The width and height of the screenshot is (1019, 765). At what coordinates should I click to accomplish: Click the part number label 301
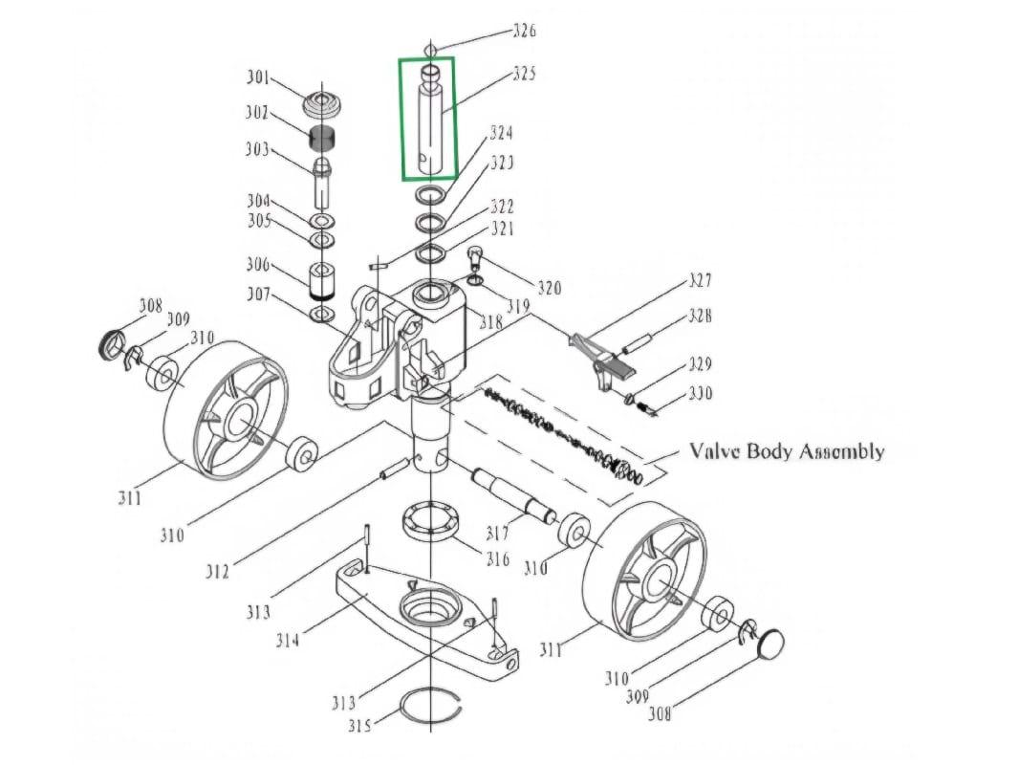(x=257, y=77)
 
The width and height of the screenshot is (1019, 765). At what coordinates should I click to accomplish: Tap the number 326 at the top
(x=524, y=31)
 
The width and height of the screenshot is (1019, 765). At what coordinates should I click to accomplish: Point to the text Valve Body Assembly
(x=787, y=451)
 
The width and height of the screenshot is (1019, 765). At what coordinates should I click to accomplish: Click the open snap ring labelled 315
(x=430, y=708)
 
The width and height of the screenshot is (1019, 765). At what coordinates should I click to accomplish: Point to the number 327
(x=700, y=281)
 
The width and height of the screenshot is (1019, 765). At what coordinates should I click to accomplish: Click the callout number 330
(x=700, y=394)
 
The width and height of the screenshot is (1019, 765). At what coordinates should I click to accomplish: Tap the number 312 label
(x=218, y=572)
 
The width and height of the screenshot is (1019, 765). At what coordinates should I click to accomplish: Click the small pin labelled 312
(x=395, y=470)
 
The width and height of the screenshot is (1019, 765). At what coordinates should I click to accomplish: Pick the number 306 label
(x=257, y=266)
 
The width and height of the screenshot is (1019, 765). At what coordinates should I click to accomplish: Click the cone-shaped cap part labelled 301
(x=323, y=102)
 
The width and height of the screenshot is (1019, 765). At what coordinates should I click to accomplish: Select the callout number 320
(x=549, y=288)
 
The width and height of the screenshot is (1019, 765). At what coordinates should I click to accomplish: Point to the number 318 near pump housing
(x=490, y=323)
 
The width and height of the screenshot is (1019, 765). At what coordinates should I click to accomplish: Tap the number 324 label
(x=501, y=133)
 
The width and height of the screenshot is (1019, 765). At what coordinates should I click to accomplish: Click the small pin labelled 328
(x=639, y=339)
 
